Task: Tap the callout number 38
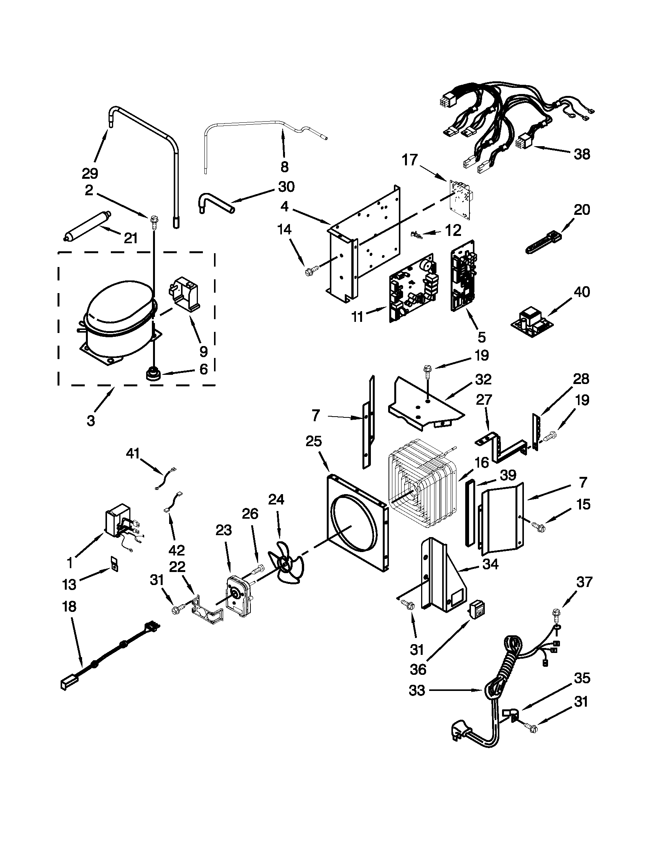tap(582, 154)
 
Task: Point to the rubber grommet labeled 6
tap(153, 374)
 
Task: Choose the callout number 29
tap(90, 173)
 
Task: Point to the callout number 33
tap(417, 690)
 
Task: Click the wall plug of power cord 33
tap(463, 732)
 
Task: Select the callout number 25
tap(313, 441)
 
